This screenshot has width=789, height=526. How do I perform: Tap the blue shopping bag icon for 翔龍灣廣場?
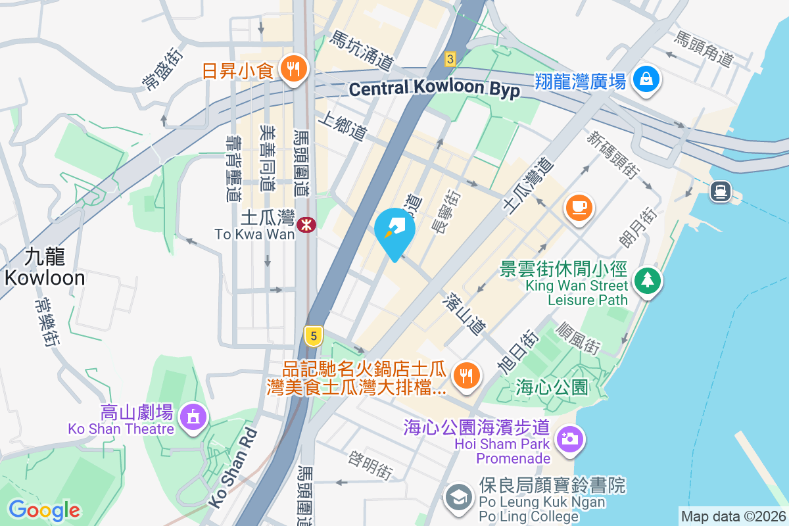(x=647, y=80)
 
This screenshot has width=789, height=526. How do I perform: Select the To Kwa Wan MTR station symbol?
(x=306, y=225)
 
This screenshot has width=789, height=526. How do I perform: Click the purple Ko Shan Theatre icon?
(x=192, y=417)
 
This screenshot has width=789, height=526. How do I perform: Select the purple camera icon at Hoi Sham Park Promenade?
(x=569, y=437)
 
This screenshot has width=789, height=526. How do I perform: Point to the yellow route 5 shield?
(x=314, y=336)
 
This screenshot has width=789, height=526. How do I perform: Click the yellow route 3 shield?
(x=450, y=59)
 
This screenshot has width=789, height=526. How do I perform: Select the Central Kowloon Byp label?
(x=435, y=89)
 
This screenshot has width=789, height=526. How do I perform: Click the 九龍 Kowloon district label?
(x=44, y=266)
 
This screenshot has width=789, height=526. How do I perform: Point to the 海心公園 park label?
(x=552, y=387)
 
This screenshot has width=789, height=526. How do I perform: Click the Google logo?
(x=44, y=510)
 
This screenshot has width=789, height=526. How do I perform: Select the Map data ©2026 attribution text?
(x=733, y=516)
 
